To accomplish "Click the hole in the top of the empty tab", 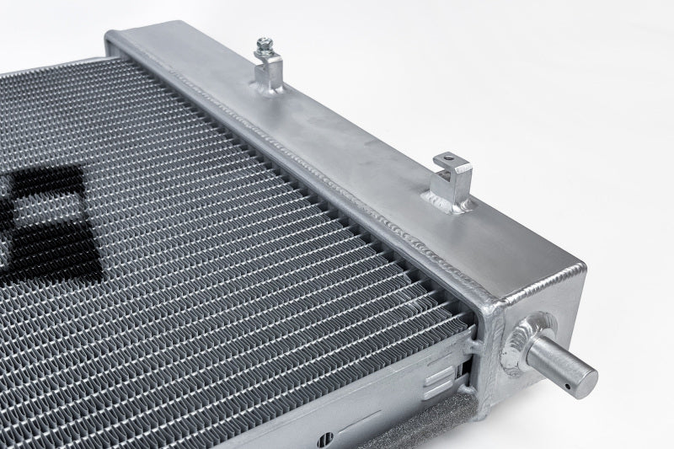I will point(447,157).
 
